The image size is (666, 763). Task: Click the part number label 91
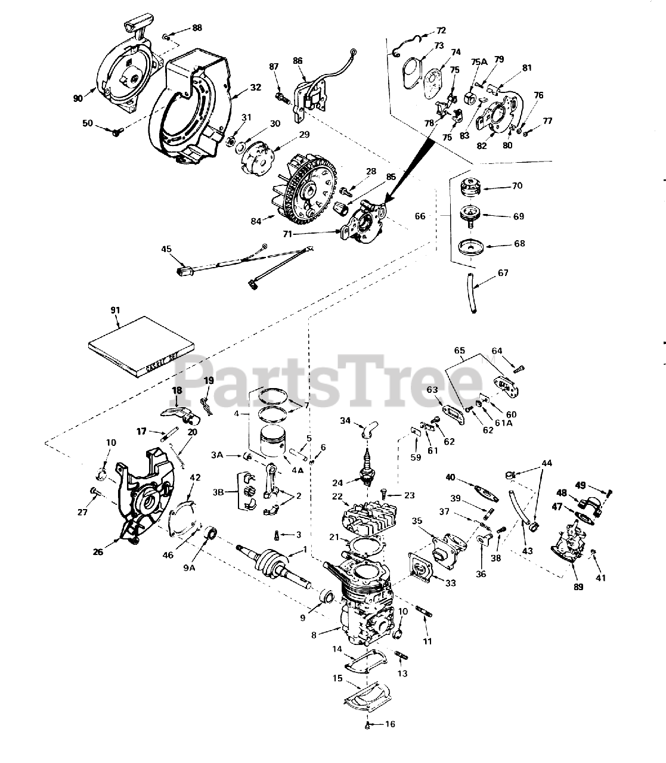[115, 310]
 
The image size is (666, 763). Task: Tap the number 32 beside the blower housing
[256, 87]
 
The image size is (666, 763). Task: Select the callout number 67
[503, 273]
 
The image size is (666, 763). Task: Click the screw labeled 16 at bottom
[367, 725]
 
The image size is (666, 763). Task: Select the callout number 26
[98, 552]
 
